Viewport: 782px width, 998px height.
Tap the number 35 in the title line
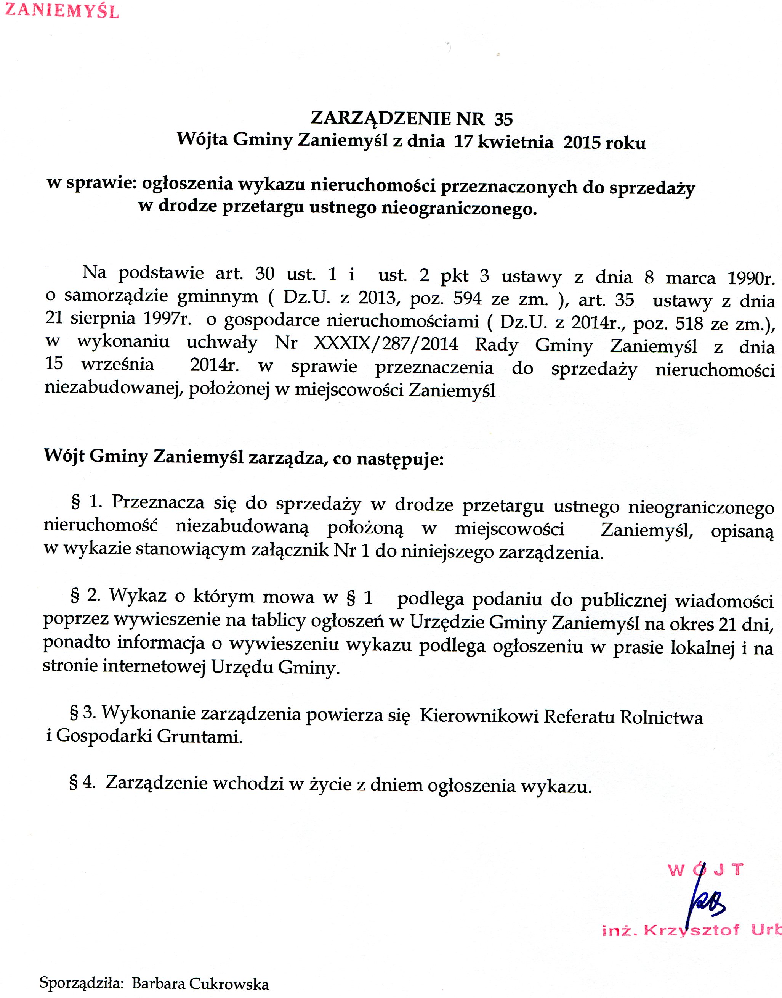[x=504, y=119]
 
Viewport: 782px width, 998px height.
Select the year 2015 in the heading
[x=582, y=143]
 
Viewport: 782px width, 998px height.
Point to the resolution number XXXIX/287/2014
[x=386, y=344]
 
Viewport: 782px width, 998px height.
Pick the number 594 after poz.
[x=468, y=299]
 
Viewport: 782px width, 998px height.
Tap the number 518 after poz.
[x=689, y=324]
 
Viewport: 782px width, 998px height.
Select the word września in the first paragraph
[x=117, y=364]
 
